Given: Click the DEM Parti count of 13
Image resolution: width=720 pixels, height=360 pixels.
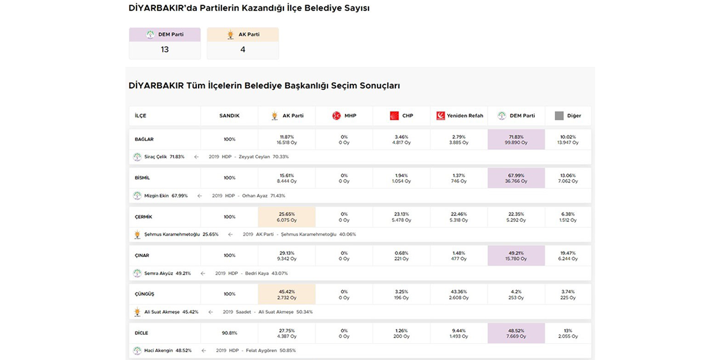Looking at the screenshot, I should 164,49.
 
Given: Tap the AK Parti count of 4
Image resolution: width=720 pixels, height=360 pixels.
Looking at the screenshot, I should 242,49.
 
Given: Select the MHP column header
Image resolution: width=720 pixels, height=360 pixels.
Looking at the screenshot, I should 344,116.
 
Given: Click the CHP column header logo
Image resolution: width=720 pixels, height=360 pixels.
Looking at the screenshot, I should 394,116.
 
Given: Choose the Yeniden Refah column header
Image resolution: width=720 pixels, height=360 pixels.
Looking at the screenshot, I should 460,116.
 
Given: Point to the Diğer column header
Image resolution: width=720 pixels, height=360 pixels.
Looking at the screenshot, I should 568,116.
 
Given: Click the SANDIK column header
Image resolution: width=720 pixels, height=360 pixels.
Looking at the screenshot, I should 229,116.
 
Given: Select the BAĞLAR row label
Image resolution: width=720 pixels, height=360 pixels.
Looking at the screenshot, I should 145,139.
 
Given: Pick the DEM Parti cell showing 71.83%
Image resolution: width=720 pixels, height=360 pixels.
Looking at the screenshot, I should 516,139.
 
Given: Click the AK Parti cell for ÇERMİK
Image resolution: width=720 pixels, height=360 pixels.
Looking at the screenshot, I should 286,217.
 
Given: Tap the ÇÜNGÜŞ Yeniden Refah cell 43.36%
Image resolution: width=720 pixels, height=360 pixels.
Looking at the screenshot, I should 458,294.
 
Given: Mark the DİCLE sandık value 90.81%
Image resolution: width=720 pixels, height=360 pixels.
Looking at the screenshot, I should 229,333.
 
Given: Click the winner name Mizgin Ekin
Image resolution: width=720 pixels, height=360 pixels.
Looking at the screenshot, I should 157,196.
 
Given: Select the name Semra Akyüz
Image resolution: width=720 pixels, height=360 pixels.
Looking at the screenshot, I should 159,273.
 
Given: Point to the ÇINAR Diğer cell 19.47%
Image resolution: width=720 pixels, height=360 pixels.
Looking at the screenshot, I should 568,256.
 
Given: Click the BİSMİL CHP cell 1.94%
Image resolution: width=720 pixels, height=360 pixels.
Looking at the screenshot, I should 400,178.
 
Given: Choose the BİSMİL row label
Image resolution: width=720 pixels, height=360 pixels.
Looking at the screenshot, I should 142,178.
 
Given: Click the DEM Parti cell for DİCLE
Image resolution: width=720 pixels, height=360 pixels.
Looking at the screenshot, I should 516,334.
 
